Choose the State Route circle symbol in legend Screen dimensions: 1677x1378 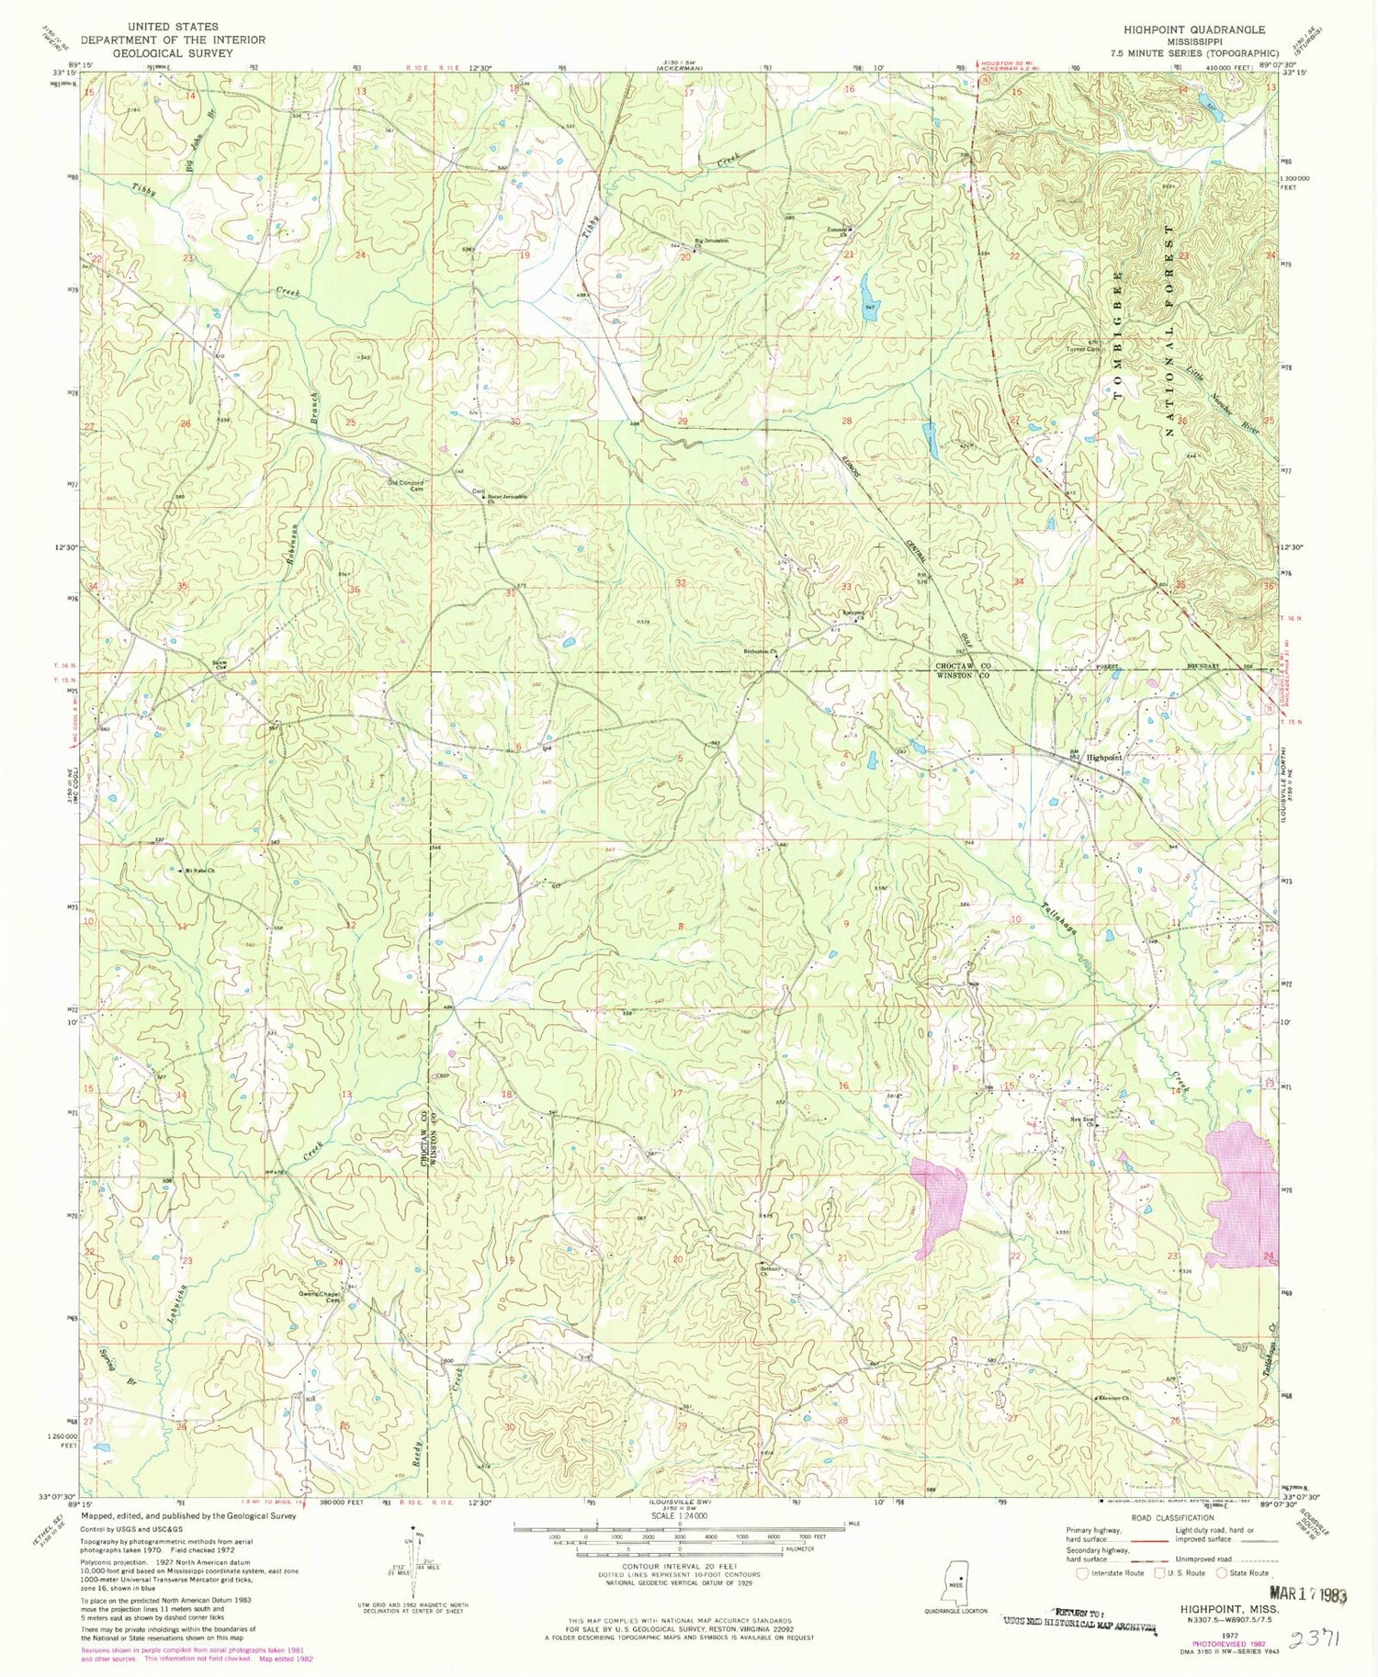click(1223, 1572)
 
